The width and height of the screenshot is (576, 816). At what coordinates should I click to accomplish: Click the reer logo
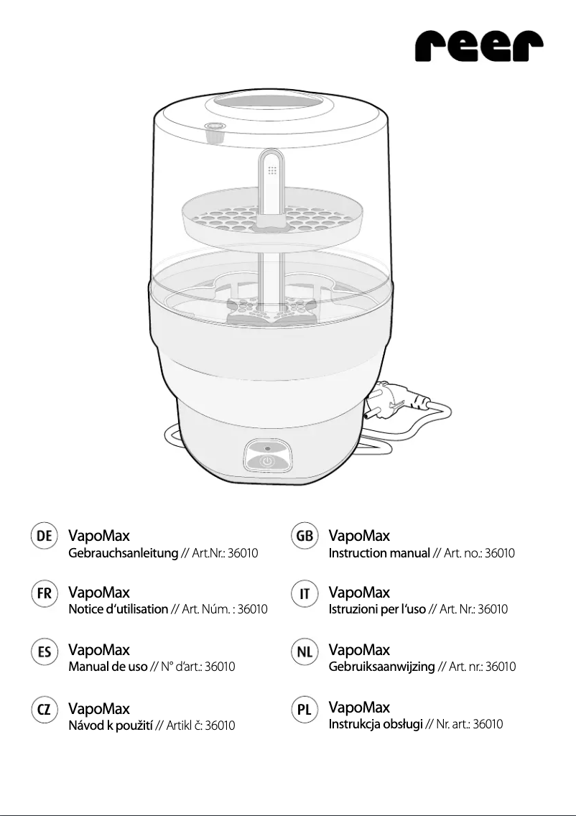click(479, 46)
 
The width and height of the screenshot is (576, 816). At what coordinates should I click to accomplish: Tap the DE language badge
click(45, 536)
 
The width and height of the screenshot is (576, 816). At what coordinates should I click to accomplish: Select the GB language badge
click(305, 536)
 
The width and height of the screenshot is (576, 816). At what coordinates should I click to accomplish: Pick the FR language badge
click(45, 593)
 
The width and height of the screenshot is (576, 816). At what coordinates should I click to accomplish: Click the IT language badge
click(305, 593)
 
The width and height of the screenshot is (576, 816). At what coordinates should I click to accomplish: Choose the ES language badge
click(45, 651)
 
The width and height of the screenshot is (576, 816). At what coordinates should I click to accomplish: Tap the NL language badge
click(305, 651)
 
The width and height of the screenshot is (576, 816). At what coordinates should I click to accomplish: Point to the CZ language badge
click(45, 709)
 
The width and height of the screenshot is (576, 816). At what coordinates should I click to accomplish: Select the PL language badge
click(305, 709)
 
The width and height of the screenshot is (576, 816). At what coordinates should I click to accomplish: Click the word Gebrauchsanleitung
click(124, 553)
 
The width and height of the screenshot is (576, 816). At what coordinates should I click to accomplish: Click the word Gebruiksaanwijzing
click(381, 667)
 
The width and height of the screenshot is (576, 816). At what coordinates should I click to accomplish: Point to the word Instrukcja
click(353, 724)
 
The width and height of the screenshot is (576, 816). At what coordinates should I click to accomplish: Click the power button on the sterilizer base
click(267, 462)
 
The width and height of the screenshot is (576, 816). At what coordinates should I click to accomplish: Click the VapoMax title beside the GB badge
click(359, 536)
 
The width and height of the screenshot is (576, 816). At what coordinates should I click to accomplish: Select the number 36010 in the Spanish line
click(220, 667)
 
